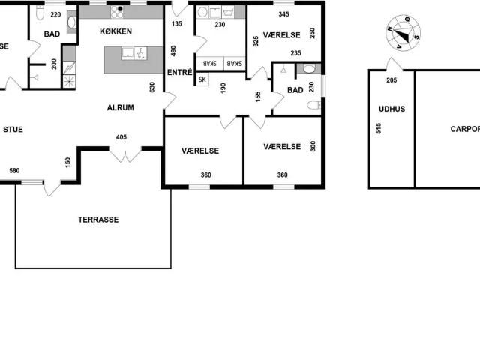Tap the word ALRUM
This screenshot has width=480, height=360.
coord(120,108)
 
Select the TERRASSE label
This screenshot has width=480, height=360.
coord(98,220)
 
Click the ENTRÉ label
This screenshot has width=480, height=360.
coord(180,73)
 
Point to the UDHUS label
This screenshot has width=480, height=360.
coord(391,109)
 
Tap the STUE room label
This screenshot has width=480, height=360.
coord(13,129)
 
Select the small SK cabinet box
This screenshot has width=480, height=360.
coord(202,79)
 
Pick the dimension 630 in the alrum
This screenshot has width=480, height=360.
coord(152,88)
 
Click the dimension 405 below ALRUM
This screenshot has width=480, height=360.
coord(122,137)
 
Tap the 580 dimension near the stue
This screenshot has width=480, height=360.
coord(14,171)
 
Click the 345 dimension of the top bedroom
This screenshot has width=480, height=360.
coord(283,14)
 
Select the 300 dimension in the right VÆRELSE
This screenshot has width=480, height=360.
coord(313,146)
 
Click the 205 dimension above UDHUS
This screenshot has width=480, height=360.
coord(391,80)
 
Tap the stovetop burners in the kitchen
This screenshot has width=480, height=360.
coord(117,13)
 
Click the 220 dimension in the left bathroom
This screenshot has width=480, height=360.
coord(55,14)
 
